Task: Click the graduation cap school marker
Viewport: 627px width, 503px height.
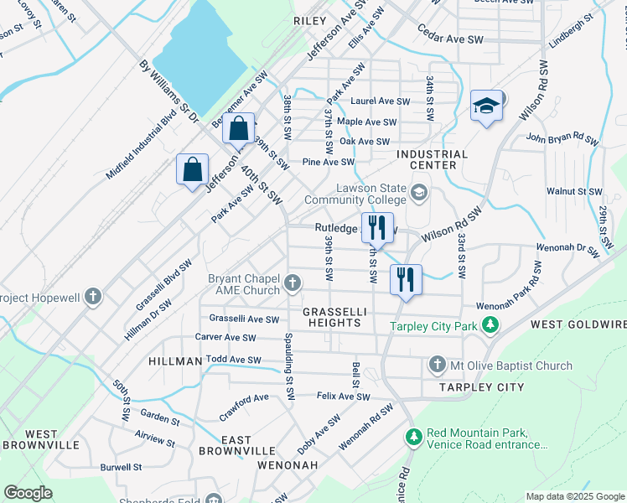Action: pos(486,106)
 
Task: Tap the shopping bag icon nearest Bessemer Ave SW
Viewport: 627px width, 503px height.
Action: pos(239,129)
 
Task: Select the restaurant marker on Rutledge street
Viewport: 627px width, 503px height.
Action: pos(376,227)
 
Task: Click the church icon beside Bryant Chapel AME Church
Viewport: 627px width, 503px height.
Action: pos(293,283)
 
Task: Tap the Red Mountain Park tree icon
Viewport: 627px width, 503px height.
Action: pos(413,437)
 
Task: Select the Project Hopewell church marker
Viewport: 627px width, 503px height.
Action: pos(93,298)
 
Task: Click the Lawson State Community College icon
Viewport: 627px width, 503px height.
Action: pos(418,194)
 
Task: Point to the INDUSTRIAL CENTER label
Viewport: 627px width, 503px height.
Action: pos(432,159)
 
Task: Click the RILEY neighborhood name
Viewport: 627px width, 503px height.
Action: pos(309,19)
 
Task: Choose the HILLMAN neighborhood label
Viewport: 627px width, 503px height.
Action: pos(175,360)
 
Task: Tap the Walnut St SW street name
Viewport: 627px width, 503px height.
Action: pos(574,191)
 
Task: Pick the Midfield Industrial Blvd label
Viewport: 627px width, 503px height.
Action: pos(142,144)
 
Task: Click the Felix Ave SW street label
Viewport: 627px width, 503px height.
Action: pos(343,396)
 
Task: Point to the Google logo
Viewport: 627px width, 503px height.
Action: pos(28,493)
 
